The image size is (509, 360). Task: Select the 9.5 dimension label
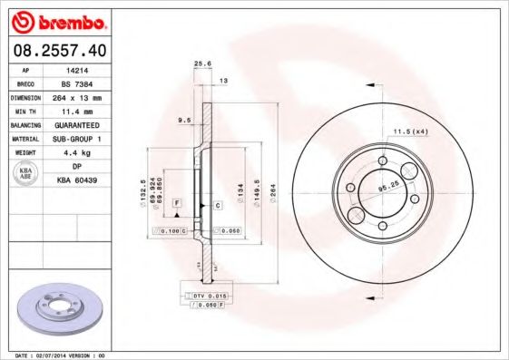pyautogui.click(x=184, y=119)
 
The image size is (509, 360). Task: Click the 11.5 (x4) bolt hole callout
pyautogui.click(x=410, y=132)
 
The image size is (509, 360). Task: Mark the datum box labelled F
pyautogui.click(x=177, y=199)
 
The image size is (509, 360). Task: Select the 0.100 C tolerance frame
pyautogui.click(x=171, y=232)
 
